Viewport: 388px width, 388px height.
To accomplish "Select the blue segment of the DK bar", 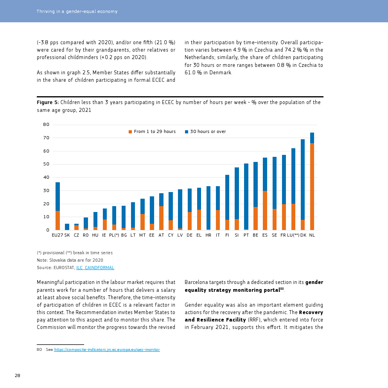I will click(x=303, y=180).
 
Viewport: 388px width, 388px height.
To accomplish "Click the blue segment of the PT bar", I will click(x=246, y=196).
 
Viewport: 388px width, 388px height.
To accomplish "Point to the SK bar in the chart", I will click(x=67, y=227).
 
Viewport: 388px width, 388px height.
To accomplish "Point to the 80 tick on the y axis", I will click(x=46, y=125).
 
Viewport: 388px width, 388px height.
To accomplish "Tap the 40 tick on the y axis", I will click(x=46, y=178).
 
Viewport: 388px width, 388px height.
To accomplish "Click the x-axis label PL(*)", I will click(x=114, y=235).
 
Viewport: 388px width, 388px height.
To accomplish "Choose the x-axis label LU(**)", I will click(x=293, y=235).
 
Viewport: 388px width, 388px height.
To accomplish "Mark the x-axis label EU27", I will click(x=57, y=235).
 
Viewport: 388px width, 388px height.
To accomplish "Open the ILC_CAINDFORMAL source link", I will click(x=95, y=268).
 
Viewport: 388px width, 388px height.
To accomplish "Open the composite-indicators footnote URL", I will click(x=107, y=350).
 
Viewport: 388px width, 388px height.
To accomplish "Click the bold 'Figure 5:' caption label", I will click(x=48, y=102).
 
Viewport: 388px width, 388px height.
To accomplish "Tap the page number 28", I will click(x=17, y=376).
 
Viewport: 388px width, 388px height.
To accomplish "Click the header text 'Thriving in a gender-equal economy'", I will click(x=77, y=11).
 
